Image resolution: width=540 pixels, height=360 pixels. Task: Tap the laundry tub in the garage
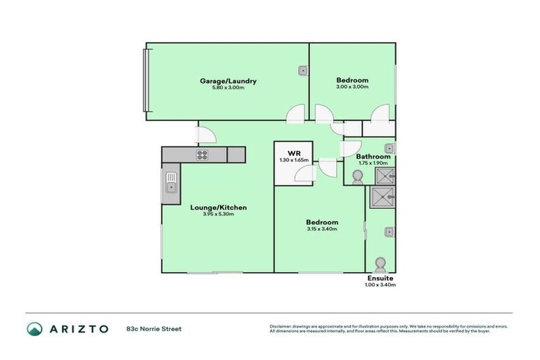coord(302,70)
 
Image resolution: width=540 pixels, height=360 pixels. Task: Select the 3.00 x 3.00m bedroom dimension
coord(352,87)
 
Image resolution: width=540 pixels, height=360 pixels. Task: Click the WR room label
coord(294,153)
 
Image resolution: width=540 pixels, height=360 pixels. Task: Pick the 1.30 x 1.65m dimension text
coord(294,160)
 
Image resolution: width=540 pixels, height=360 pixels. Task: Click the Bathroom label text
coord(373,156)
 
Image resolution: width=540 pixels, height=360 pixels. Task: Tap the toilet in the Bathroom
coord(357,177)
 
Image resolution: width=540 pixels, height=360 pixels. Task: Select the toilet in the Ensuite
coord(380,264)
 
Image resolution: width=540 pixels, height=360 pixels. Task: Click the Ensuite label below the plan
coord(379,278)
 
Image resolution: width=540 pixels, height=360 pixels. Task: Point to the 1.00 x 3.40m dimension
coord(379,285)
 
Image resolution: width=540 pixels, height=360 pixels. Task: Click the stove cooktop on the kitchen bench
coord(202,155)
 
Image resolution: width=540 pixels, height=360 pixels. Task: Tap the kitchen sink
coord(171,184)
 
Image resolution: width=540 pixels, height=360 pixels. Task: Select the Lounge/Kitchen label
coord(218,207)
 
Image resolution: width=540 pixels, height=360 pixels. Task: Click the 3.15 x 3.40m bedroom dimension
coord(322,229)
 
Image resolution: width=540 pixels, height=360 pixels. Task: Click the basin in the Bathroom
coord(389,148)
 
